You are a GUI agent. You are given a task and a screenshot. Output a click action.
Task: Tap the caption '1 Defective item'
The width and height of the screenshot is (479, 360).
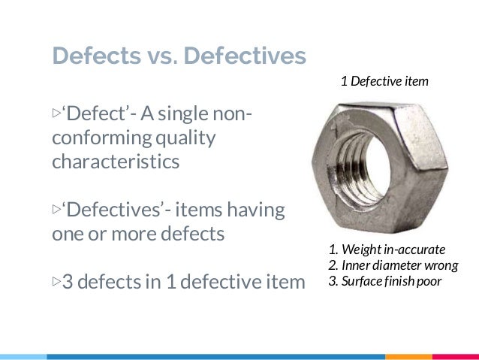pyautogui.click(x=384, y=80)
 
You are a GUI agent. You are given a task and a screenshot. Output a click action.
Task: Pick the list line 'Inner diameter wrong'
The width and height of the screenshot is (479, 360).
pyautogui.click(x=393, y=266)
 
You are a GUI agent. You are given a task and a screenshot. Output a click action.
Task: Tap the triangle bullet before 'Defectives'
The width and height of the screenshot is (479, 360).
pyautogui.click(x=56, y=210)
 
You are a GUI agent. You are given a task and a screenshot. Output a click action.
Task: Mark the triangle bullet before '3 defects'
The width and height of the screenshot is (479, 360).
pyautogui.click(x=56, y=283)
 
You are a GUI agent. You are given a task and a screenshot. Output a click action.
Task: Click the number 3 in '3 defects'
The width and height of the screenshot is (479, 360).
pyautogui.click(x=67, y=283)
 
